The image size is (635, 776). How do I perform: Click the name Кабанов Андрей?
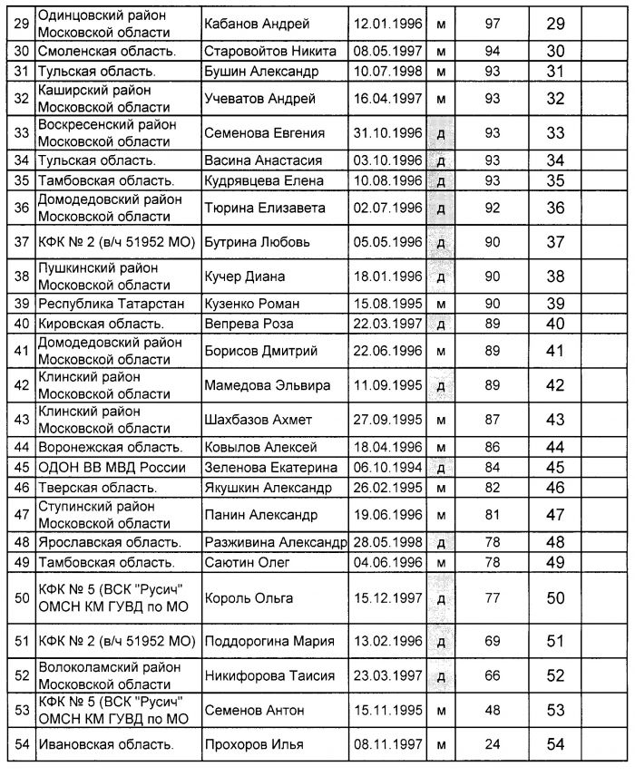click(258, 23)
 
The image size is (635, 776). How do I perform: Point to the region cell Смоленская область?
click(106, 51)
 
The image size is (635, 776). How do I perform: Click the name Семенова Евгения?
click(265, 132)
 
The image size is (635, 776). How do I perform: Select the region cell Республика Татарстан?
click(100, 302)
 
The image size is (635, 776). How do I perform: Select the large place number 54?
click(555, 744)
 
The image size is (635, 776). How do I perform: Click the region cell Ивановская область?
click(105, 744)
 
